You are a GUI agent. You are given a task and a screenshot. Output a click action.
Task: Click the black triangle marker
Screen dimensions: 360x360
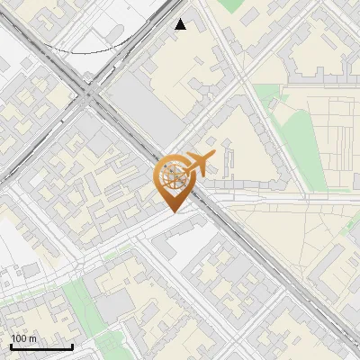coord(180,24)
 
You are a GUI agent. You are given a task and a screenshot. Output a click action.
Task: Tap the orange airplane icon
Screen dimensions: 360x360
coord(200,165)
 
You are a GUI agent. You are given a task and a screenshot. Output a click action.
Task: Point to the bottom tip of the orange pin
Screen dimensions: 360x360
coord(172,212)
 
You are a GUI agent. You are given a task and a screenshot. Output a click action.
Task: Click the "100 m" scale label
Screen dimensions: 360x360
coord(24,338)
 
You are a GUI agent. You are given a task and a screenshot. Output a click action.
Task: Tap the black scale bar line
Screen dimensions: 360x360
coord(41,347)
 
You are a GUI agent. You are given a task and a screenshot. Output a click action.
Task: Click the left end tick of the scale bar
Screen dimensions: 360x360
coord(11,346)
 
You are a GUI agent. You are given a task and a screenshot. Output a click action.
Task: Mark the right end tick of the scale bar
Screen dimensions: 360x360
coord(72,346)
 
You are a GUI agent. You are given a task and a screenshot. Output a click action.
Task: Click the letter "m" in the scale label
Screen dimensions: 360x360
coord(32,338)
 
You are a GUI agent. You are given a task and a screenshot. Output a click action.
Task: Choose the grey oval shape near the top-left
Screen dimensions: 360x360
coord(115,31)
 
